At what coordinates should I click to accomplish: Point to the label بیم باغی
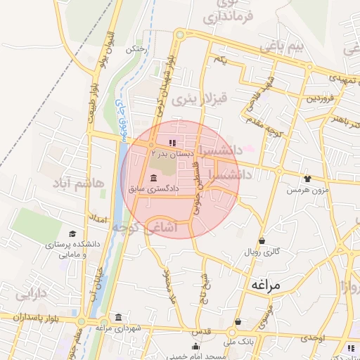tap(283, 47)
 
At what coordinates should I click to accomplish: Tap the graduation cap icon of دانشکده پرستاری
tap(72, 233)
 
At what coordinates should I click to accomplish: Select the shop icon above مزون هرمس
tap(307, 179)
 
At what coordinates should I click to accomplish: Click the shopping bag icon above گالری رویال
tap(262, 240)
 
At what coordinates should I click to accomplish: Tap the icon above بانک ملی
tap(238, 322)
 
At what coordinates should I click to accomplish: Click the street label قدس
tap(201, 331)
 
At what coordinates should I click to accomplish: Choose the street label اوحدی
tap(313, 339)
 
